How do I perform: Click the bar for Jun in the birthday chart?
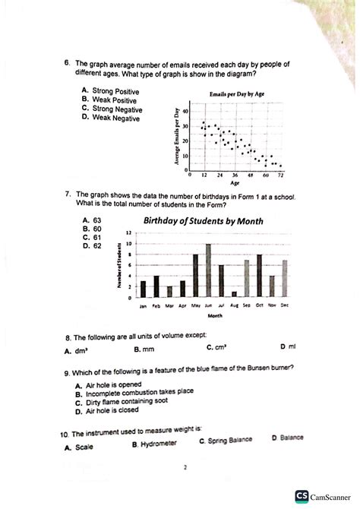208,270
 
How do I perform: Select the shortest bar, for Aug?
234,294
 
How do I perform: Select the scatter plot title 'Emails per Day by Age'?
237,94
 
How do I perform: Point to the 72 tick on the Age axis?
280,174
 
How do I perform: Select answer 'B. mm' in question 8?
144,350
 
